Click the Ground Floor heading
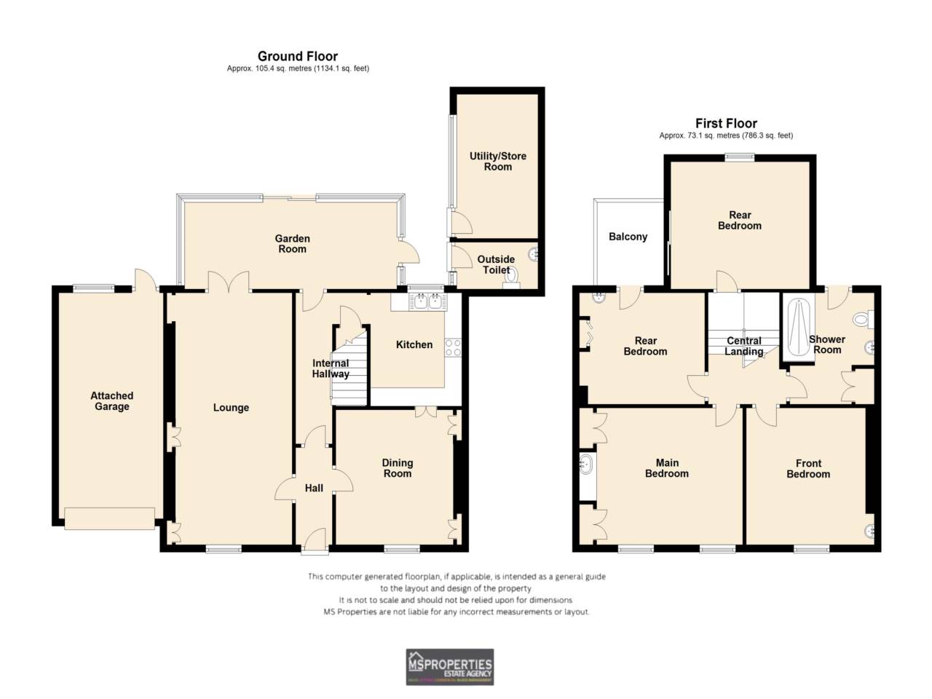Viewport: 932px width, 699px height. click(298, 56)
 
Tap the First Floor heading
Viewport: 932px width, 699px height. click(726, 123)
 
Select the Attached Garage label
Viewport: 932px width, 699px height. click(111, 401)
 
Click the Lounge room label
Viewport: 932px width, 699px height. click(231, 408)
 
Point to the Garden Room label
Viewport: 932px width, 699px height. click(292, 243)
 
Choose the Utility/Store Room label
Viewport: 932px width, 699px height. click(497, 161)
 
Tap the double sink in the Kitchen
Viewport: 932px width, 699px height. click(427, 301)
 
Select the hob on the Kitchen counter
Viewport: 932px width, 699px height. click(453, 348)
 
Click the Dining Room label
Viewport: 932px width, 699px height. click(397, 467)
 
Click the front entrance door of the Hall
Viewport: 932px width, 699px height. click(315, 542)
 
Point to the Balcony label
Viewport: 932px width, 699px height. click(628, 237)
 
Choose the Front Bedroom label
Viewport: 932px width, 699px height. click(808, 468)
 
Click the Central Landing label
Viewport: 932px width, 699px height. click(743, 346)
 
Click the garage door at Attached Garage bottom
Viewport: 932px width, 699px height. click(109, 518)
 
